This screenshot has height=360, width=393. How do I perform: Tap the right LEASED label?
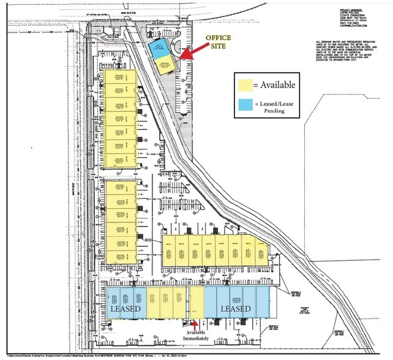click(x=235, y=309)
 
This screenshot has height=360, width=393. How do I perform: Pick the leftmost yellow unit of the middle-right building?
click(x=170, y=250)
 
